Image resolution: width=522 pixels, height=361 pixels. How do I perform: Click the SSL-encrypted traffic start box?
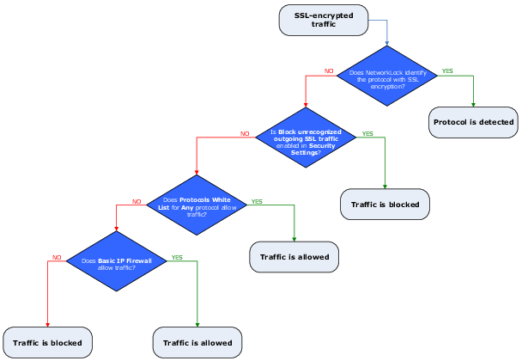[x=325, y=21]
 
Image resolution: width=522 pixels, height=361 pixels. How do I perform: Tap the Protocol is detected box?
[x=474, y=122]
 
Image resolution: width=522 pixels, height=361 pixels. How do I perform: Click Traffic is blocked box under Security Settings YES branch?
[x=385, y=205]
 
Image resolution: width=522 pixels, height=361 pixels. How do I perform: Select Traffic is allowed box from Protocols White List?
[x=294, y=256]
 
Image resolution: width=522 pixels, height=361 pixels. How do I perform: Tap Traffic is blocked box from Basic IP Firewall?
[x=47, y=343]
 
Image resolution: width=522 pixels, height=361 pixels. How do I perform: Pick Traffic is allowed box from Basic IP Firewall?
[x=197, y=343]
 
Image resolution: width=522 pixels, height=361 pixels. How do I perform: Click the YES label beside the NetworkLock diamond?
[x=447, y=70]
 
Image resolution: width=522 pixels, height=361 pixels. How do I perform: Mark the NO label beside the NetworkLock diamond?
[x=329, y=70]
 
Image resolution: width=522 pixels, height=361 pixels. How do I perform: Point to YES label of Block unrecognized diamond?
[x=367, y=134]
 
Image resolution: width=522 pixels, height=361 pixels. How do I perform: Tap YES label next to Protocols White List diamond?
[x=256, y=201]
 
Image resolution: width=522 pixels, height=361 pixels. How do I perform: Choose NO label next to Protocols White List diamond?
[x=137, y=201]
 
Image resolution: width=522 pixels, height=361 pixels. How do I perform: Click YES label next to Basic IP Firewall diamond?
[x=177, y=257]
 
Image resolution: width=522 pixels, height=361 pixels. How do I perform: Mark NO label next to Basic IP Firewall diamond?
[x=57, y=257]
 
